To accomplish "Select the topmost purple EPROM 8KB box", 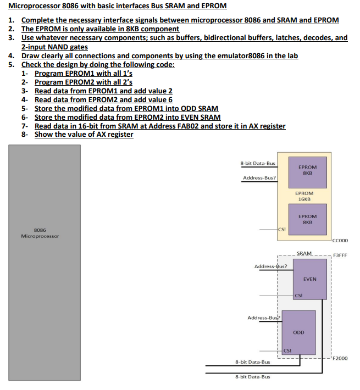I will (x=307, y=170).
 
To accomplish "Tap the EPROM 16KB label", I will (x=304, y=196).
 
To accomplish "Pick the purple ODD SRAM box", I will (x=298, y=332).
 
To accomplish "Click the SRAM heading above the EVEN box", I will (x=304, y=253).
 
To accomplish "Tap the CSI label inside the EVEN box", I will (x=298, y=296).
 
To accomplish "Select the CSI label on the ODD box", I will (x=287, y=350).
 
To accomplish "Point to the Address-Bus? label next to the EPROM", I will (x=259, y=178).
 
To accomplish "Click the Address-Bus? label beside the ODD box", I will (x=264, y=317).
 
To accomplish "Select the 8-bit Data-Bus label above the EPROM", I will (x=258, y=163).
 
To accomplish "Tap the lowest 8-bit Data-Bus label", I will (x=252, y=377).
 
